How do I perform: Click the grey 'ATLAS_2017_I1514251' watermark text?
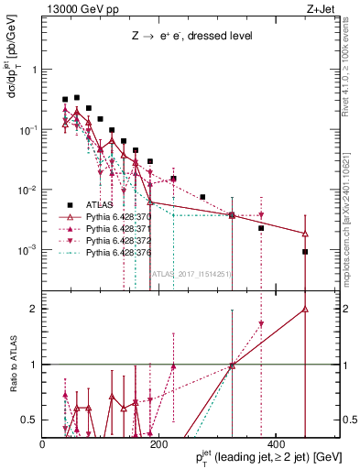[x=191, y=272]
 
